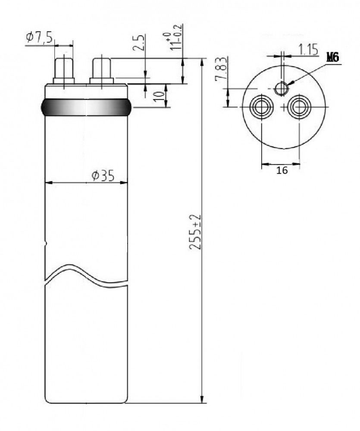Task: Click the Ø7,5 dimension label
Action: coord(39,37)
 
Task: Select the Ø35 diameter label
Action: coord(103,176)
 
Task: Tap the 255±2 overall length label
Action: coord(196,232)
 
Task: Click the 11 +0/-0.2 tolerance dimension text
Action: coord(174,37)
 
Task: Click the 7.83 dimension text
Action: coord(221,69)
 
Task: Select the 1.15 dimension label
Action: coord(308,50)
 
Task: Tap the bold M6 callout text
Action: coord(333,57)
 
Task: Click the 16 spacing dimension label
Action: coord(282,170)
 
